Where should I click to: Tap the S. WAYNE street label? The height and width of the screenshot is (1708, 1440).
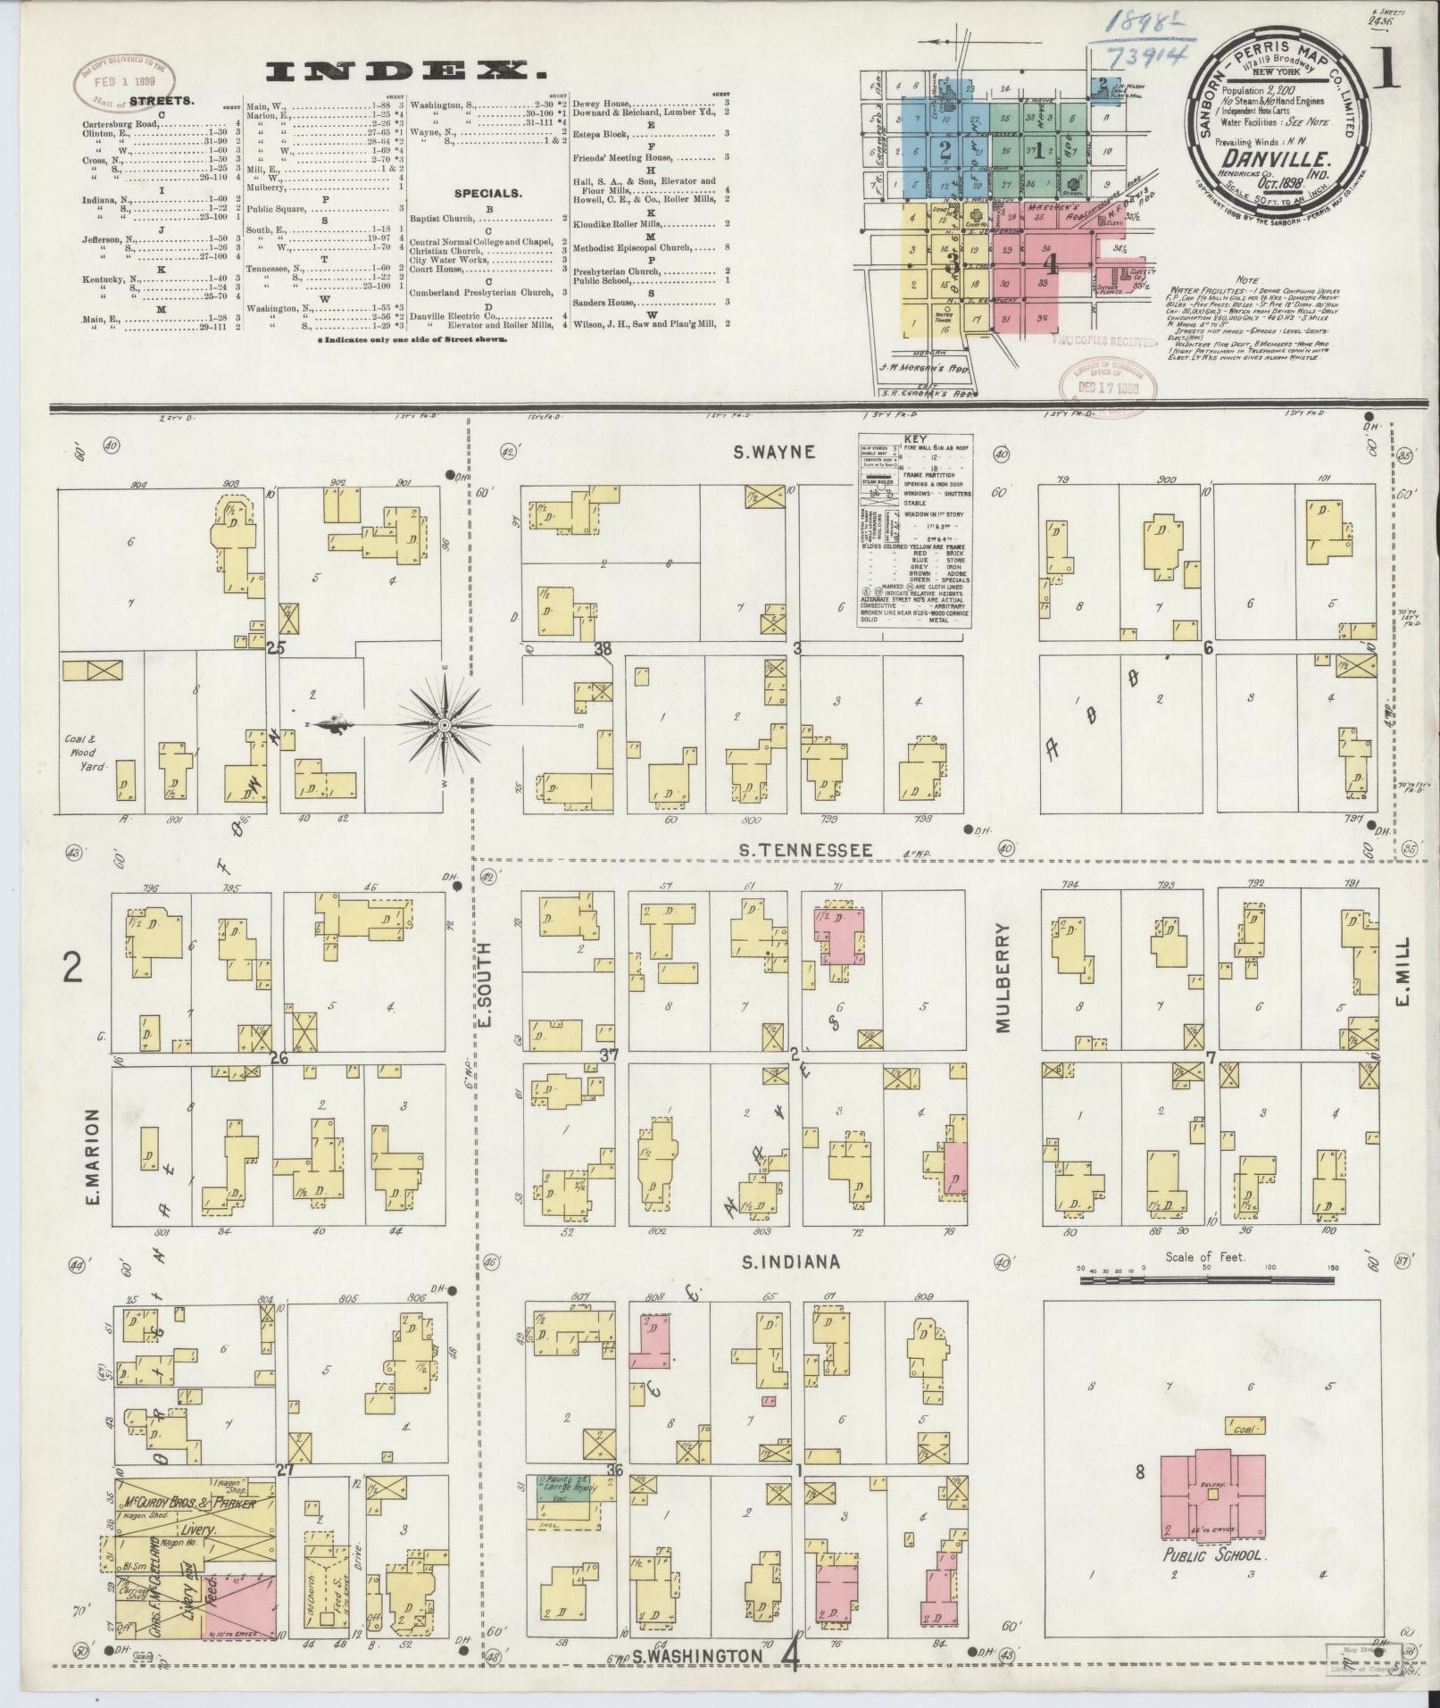[774, 452]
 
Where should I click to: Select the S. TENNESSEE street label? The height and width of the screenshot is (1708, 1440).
[805, 850]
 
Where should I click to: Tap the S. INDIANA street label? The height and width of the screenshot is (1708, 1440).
[789, 1262]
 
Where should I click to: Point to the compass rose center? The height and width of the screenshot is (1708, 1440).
[444, 726]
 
